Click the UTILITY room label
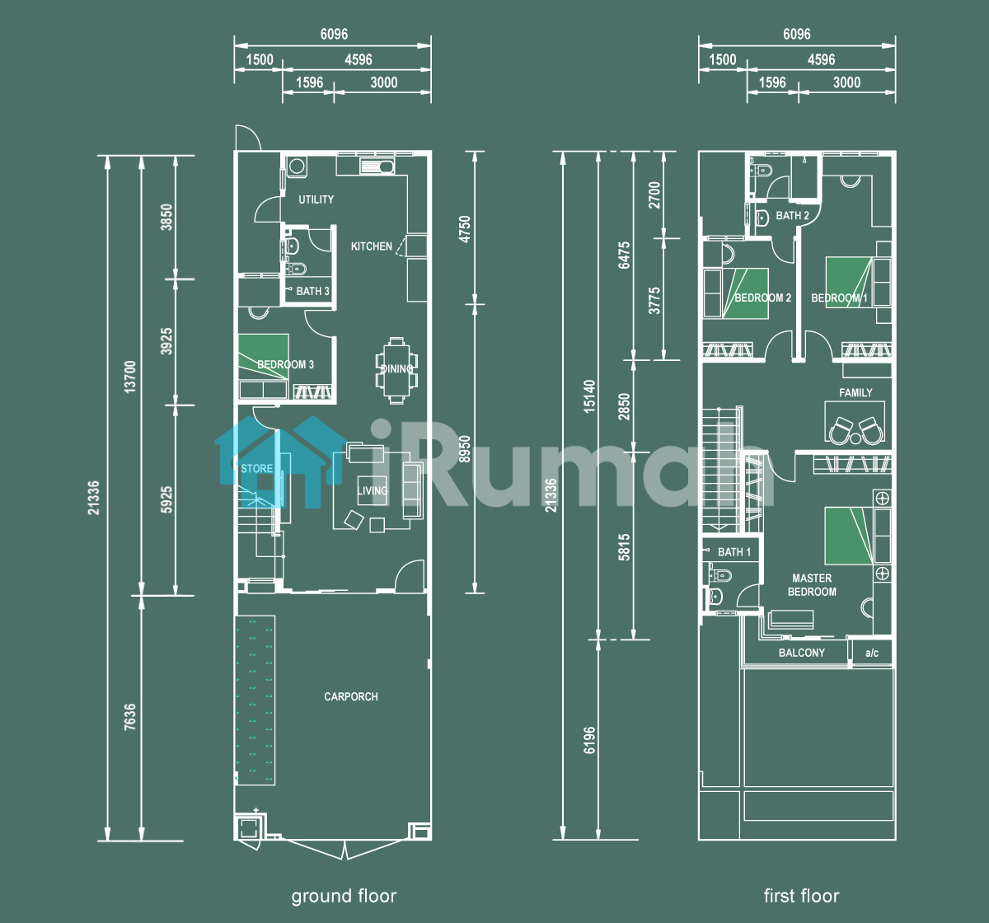pos(316,199)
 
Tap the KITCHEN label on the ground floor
pos(372,246)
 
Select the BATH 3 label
pos(312,291)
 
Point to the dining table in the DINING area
pos(397,370)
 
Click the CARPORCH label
pos(351,696)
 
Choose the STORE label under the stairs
pos(257,468)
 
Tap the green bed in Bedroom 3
pos(264,357)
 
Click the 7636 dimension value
pos(130,717)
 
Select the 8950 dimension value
pos(465,449)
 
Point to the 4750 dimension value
pos(465,229)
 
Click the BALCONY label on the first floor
pos(802,653)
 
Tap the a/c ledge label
pos(872,653)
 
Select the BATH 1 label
pos(734,552)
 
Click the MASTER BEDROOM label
pos(812,585)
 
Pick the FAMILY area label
pos(855,392)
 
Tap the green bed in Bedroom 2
pos(746,293)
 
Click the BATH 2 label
pos(792,216)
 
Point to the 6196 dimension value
pos(589,740)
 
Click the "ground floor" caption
pos(345,896)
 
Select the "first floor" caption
pos(802,896)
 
